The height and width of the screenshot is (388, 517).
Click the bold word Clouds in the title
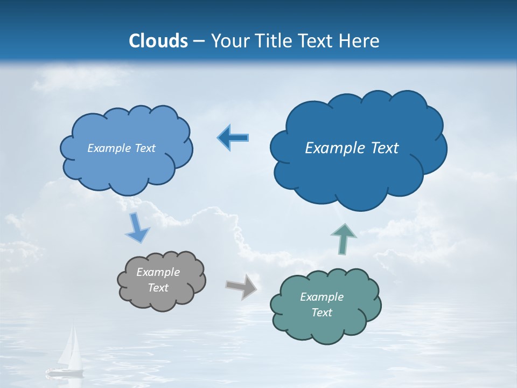pyautogui.click(x=158, y=41)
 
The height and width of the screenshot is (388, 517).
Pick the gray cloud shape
pyautogui.click(x=162, y=299)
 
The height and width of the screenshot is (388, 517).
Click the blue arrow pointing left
pyautogui.click(x=233, y=138)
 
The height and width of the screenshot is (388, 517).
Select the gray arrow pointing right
pyautogui.click(x=241, y=287)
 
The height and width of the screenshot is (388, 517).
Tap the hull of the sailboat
pyautogui.click(x=64, y=371)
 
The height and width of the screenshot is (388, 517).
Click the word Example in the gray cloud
pyautogui.click(x=158, y=272)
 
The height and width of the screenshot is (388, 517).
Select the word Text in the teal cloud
pyautogui.click(x=322, y=313)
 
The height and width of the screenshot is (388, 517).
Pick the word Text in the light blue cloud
pyautogui.click(x=145, y=148)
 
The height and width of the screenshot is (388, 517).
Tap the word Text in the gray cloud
pyautogui.click(x=158, y=288)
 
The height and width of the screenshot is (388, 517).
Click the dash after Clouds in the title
pyautogui.click(x=198, y=41)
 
